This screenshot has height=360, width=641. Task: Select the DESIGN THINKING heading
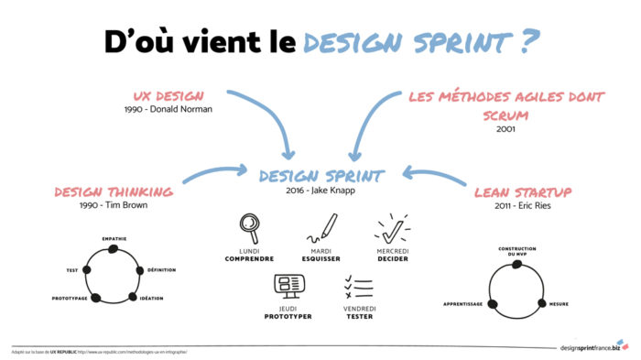(114, 191)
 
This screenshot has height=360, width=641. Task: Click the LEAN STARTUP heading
(524, 193)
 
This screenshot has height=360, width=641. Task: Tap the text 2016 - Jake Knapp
(320, 190)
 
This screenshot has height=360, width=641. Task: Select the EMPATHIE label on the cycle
(114, 238)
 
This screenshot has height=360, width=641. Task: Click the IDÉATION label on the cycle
(152, 299)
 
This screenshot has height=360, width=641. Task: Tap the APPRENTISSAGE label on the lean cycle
(463, 303)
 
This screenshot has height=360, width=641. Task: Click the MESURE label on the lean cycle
(559, 303)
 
